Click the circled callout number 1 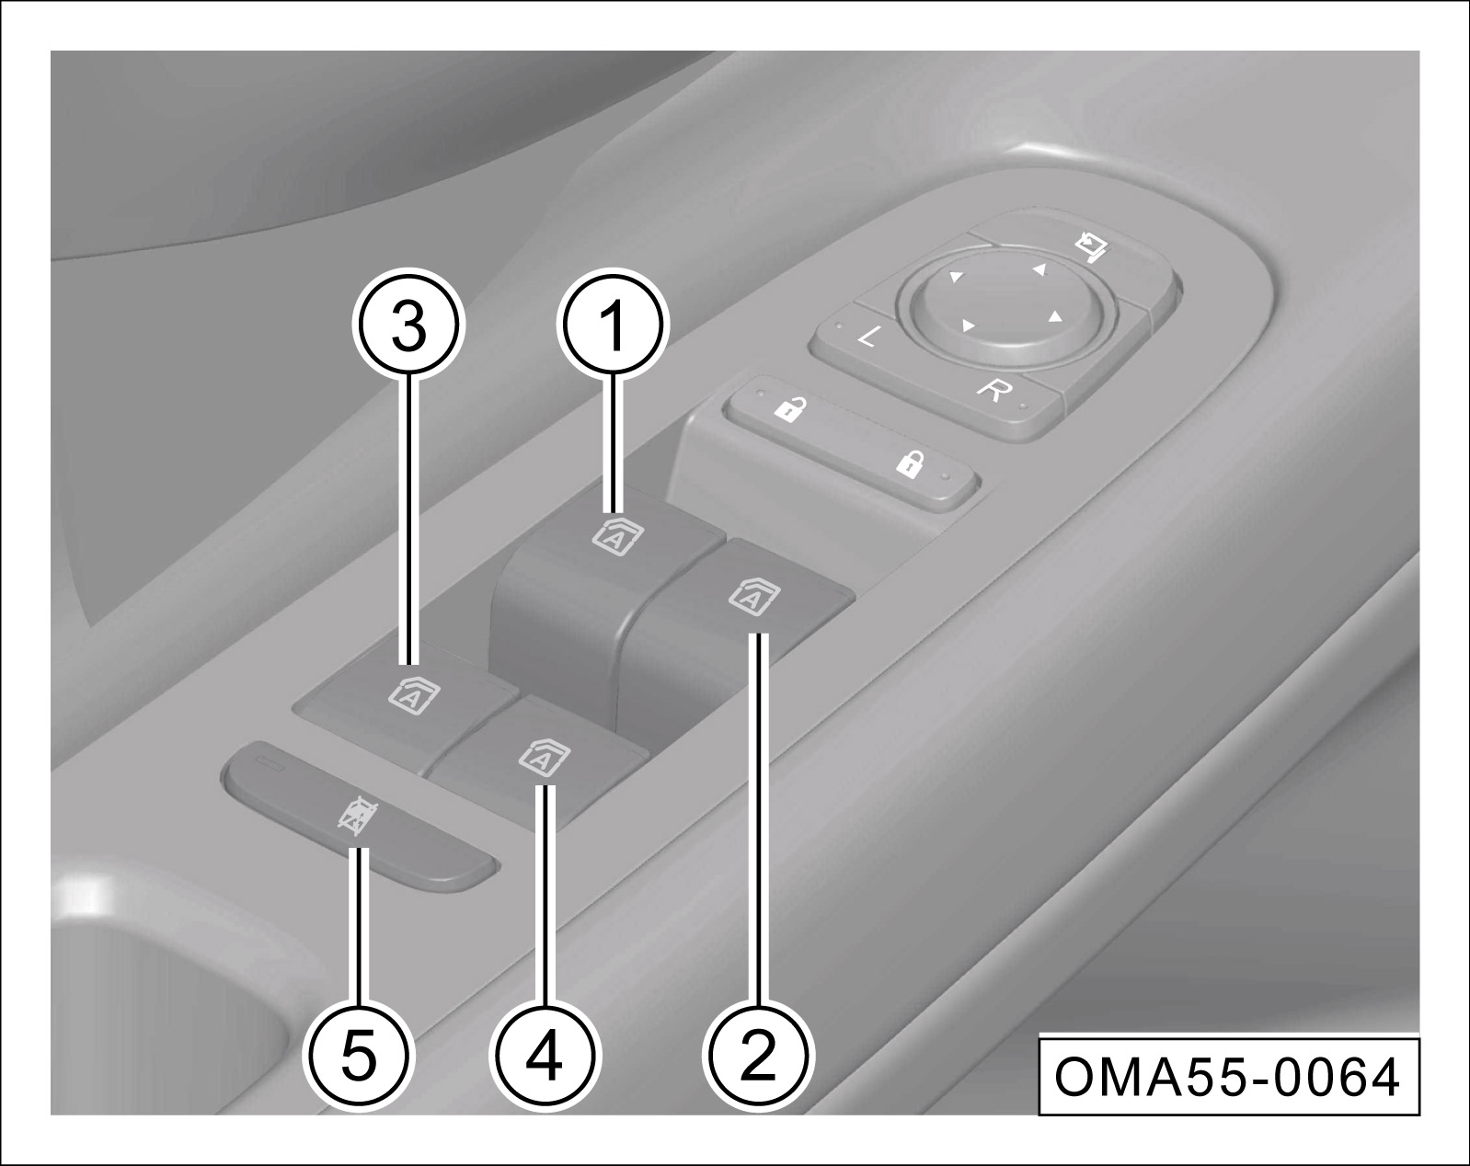tap(613, 324)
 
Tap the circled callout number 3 tap(408, 324)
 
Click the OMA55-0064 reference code tap(1227, 1077)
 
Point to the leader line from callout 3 tap(410, 520)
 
